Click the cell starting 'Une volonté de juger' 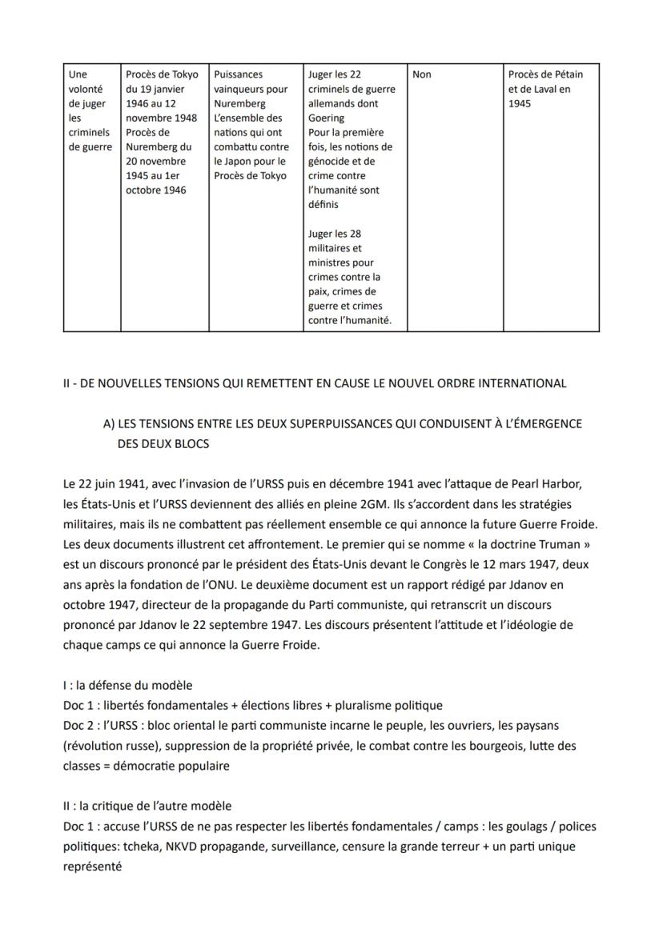tap(90, 110)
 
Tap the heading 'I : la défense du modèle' tap(127, 685)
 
